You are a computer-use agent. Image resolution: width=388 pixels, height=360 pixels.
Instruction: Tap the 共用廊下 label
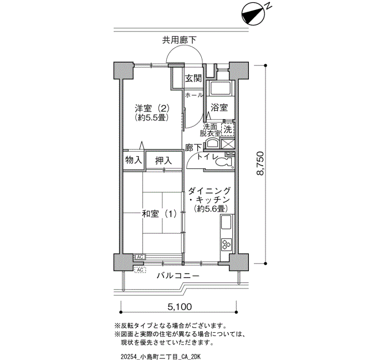tap(180, 40)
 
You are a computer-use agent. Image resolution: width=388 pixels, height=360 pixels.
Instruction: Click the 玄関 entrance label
tap(193, 79)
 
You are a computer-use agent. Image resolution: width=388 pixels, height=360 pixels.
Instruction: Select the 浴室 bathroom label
tap(219, 108)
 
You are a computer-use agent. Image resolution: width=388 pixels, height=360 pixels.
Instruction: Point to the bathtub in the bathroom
tap(220, 88)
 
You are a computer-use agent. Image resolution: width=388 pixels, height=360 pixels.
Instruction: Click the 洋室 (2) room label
tap(152, 108)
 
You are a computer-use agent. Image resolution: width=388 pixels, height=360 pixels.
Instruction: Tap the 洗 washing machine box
tap(228, 129)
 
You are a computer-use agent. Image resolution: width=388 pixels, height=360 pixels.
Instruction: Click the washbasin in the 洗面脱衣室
tap(212, 143)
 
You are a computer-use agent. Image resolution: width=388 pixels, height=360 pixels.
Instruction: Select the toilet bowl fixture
tap(224, 163)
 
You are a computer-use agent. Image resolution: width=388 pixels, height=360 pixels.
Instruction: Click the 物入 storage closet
tap(134, 160)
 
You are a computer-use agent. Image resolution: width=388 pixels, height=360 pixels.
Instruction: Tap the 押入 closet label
tap(164, 161)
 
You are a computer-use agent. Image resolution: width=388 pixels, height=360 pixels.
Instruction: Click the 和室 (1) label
tap(160, 214)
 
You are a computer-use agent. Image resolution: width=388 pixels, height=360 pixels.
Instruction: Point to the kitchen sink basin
tap(226, 222)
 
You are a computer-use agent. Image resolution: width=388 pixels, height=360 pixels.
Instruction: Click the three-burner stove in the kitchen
tap(226, 244)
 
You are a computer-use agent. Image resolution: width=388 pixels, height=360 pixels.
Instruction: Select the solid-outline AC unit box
tap(140, 257)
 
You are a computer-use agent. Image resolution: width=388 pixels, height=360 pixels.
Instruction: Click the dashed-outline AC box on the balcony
tap(140, 270)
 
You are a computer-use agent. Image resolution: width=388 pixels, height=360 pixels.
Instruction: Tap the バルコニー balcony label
tap(178, 275)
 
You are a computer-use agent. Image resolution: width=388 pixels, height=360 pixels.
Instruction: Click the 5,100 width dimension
tap(180, 307)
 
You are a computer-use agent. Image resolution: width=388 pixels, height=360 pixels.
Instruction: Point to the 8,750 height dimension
tap(261, 164)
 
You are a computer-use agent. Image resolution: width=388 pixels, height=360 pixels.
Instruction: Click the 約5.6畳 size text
tap(211, 209)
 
